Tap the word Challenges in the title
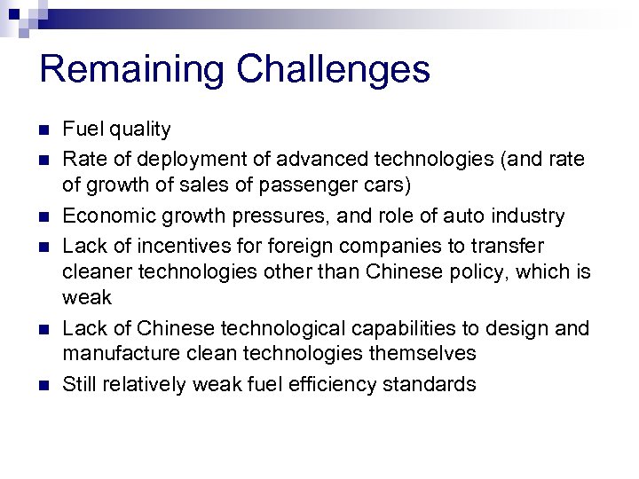[x=329, y=70]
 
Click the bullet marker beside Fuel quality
[x=44, y=130]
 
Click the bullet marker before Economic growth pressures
[x=44, y=216]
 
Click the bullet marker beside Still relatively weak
[x=44, y=385]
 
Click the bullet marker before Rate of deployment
[x=44, y=160]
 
